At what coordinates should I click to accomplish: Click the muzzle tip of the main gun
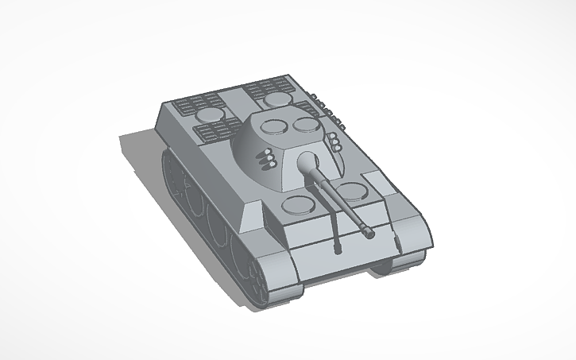369,233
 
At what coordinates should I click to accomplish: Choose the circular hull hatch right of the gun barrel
353,189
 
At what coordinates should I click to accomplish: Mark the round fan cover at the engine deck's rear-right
277,99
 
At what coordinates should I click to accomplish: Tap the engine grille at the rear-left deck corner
199,103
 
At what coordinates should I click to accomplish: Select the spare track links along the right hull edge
330,111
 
